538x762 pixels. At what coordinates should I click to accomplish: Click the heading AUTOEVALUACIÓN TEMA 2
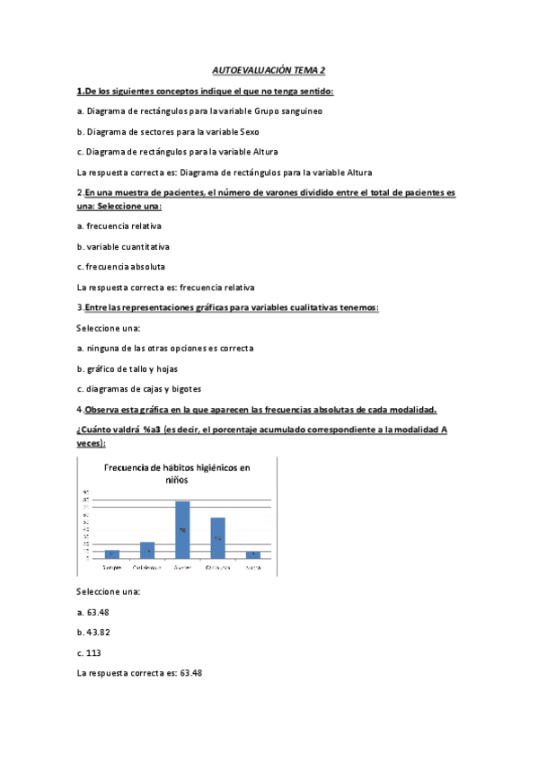tap(268, 69)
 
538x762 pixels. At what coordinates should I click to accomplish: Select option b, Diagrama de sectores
tap(154, 131)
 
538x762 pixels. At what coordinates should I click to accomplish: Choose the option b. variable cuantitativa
tap(123, 246)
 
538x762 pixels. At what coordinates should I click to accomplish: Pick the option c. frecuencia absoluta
tap(120, 267)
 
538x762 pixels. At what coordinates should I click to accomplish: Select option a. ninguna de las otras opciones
tap(165, 348)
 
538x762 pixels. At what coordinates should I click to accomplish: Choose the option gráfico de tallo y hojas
tap(131, 368)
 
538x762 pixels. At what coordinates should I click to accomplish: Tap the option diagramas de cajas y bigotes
tap(139, 389)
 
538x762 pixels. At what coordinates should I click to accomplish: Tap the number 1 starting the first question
tap(80, 91)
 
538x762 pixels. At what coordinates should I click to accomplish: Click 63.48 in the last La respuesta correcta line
tap(190, 673)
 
